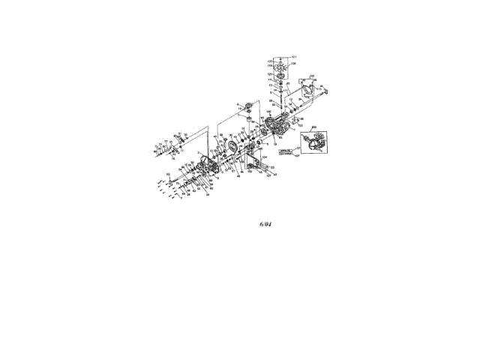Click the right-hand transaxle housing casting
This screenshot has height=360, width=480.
pos(278,124)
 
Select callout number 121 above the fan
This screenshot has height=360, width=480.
pos(294,57)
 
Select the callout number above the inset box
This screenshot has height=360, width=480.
pos(314,126)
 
